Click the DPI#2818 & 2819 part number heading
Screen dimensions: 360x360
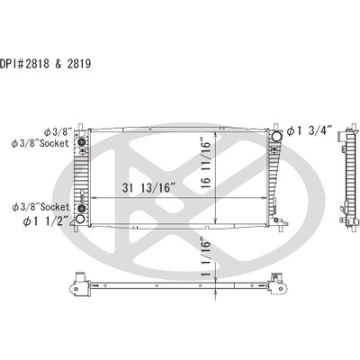tap(45, 64)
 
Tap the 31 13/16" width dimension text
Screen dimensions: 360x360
tap(148, 188)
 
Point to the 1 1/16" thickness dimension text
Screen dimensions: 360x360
tap(206, 258)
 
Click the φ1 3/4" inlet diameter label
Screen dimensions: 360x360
tap(310, 131)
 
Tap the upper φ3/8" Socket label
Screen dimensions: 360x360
tap(40, 143)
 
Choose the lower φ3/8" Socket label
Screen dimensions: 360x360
tap(40, 207)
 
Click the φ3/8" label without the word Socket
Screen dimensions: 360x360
tap(58, 131)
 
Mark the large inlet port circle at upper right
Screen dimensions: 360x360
tap(276, 137)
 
